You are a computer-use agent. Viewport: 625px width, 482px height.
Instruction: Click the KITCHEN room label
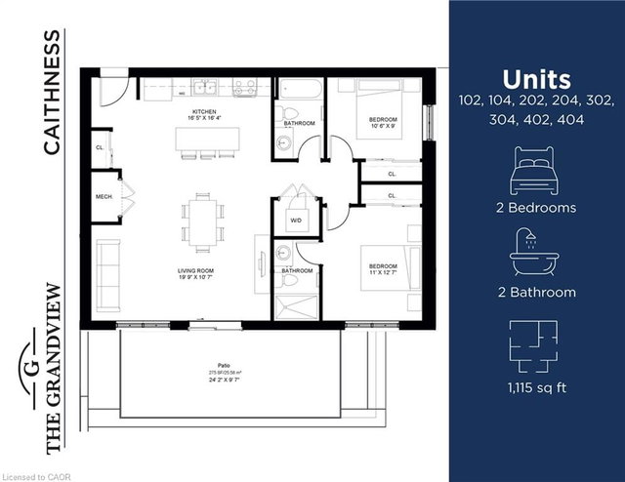[203, 113]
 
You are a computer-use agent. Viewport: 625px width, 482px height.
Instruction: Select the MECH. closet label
[104, 196]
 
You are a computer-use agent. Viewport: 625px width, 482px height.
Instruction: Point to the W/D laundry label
[295, 220]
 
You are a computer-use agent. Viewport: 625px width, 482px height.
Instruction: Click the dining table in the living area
[202, 221]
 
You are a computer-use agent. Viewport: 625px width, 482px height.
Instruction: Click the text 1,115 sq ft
[535, 389]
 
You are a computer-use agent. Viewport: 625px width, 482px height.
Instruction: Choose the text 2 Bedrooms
[535, 208]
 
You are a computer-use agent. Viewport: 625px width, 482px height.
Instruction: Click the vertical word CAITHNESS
[52, 92]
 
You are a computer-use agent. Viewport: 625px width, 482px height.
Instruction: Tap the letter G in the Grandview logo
[31, 368]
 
